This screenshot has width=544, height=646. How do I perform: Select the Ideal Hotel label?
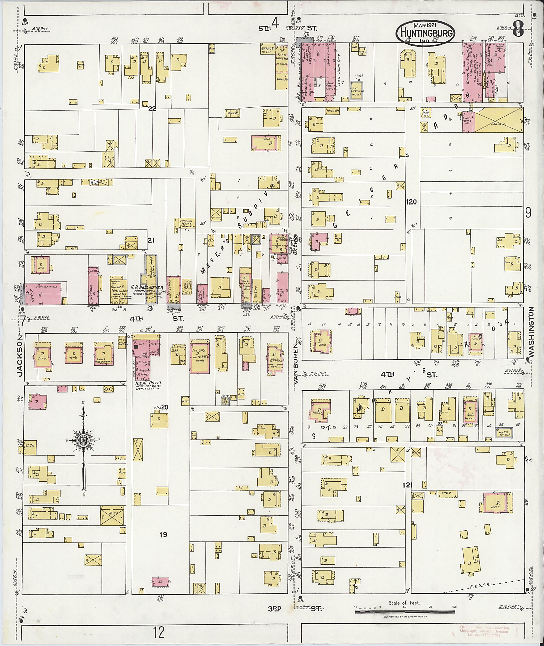point(149,383)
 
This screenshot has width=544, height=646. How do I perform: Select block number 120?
point(411,202)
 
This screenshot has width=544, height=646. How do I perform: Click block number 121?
point(407,485)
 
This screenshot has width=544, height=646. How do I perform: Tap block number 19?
point(163,535)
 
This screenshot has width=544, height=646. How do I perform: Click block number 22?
point(152,109)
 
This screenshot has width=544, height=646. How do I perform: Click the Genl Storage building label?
point(357,90)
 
